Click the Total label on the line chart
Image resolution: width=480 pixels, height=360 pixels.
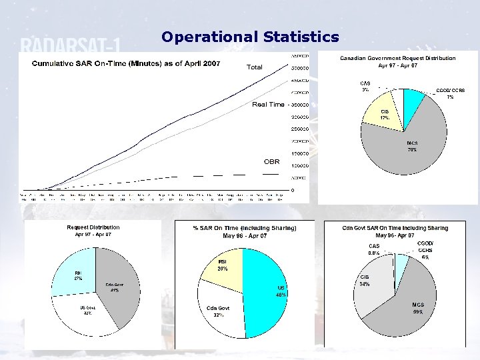click(255, 67)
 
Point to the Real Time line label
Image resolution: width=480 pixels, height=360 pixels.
click(268, 105)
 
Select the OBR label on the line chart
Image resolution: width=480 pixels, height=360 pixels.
click(271, 161)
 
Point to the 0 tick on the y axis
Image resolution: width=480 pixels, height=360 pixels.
click(291, 190)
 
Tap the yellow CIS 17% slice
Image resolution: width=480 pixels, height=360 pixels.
click(383, 117)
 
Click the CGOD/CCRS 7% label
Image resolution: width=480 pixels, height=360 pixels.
click(450, 93)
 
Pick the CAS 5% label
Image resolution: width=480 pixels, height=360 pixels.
click(365, 86)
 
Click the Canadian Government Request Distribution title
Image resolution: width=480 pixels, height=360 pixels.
click(398, 62)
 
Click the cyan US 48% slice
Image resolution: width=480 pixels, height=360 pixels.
click(267, 293)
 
